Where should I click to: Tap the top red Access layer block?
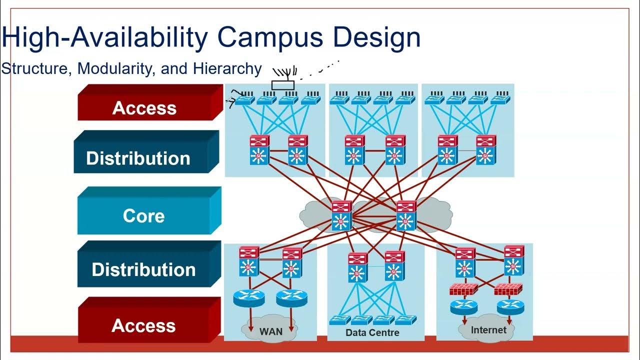pos(145,107)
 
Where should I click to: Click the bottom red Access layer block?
pos(144,325)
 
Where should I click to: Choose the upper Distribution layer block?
pos(139,157)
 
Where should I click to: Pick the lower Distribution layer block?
pos(144,269)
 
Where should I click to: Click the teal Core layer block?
pos(144,215)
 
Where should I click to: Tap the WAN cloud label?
pos(270,331)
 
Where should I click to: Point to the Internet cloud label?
pos(488,330)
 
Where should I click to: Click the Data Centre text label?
pos(372,332)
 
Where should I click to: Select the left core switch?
pos(341,216)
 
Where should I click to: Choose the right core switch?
pos(405,216)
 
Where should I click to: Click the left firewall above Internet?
pos(463,289)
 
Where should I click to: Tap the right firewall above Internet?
pos(508,289)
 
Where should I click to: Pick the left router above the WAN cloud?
pos(248,298)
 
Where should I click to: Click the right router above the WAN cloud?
pos(291,298)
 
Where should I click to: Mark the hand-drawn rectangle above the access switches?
pos(283,84)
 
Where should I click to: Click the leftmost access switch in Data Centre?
pos(340,320)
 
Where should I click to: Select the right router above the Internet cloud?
pos(510,306)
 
